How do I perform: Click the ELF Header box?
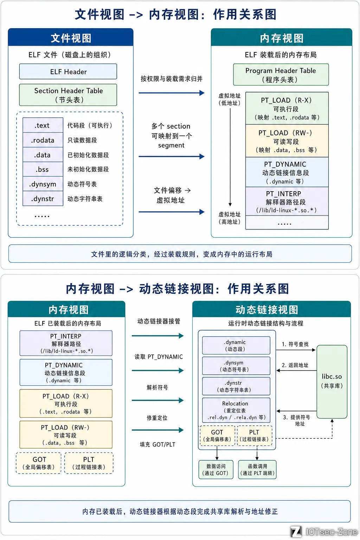point(68,72)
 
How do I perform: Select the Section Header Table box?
point(68,95)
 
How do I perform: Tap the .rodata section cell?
point(43,140)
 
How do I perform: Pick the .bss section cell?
point(43,169)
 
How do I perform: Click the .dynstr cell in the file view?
point(43,199)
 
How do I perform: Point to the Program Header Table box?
point(281,75)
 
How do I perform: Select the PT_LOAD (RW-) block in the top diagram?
point(287,141)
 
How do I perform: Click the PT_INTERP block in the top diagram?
point(287,201)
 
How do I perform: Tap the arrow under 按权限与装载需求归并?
point(172,93)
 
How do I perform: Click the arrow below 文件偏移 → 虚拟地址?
point(172,212)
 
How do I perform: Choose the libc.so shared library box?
point(332,382)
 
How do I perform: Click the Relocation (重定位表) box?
point(236,410)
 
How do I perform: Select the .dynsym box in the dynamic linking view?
point(236,366)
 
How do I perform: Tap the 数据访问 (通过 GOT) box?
point(216,470)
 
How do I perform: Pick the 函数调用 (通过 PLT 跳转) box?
point(257,470)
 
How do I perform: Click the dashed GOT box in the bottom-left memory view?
point(39,463)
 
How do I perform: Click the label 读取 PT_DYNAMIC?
point(159,357)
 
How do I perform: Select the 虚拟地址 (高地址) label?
point(230,218)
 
